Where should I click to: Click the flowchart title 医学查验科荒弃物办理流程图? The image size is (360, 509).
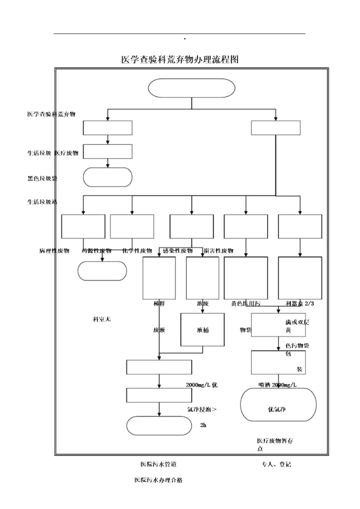pyautogui.click(x=180, y=59)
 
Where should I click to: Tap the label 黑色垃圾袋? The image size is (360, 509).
pyautogui.click(x=42, y=178)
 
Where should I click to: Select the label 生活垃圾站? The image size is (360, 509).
pyautogui.click(x=42, y=201)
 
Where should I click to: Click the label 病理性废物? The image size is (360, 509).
pyautogui.click(x=54, y=250)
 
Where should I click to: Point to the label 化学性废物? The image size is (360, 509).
pyautogui.click(x=137, y=250)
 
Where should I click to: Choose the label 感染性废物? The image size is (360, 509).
pyautogui.click(x=177, y=250)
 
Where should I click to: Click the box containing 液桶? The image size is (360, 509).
pyautogui.click(x=202, y=329)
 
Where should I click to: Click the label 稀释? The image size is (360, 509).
pyautogui.click(x=159, y=303)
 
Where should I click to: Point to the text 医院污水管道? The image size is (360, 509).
pyautogui.click(x=158, y=464)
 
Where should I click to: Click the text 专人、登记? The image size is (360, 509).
pyautogui.click(x=276, y=464)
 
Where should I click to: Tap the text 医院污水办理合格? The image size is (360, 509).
pyautogui.click(x=158, y=479)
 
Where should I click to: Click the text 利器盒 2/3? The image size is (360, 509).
pyautogui.click(x=300, y=303)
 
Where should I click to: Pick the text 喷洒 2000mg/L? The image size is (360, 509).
pyautogui.click(x=277, y=384)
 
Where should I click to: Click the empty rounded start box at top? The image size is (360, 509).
pyautogui.click(x=191, y=88)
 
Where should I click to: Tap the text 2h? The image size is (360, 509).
pyautogui.click(x=202, y=425)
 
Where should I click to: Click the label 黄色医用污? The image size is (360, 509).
pyautogui.click(x=245, y=303)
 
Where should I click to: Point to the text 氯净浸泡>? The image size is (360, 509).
pyautogui.click(x=201, y=409)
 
